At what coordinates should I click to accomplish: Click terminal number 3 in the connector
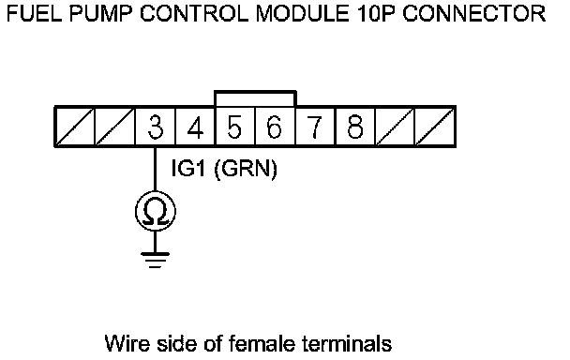tap(156, 127)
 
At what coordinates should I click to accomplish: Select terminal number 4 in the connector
tap(195, 127)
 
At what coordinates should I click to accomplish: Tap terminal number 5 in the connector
tap(235, 127)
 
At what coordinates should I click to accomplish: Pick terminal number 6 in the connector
tap(276, 127)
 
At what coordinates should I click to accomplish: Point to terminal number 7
tap(315, 127)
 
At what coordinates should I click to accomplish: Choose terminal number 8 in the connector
tap(355, 127)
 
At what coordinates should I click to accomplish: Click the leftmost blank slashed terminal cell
tap(74, 127)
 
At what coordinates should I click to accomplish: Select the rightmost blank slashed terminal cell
tap(436, 127)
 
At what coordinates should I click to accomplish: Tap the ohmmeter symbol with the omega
tap(156, 211)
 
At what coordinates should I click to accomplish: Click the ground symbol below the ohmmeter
tap(156, 260)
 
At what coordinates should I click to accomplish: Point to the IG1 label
tap(187, 169)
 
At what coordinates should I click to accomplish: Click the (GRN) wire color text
tap(246, 169)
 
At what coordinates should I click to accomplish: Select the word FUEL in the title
tap(34, 14)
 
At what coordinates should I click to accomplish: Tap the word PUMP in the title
tap(101, 14)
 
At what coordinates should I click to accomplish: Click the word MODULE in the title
tap(303, 14)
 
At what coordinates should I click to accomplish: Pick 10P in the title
tap(376, 14)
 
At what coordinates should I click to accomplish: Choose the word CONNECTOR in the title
tap(474, 14)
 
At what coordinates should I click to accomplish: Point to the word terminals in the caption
tap(347, 344)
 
